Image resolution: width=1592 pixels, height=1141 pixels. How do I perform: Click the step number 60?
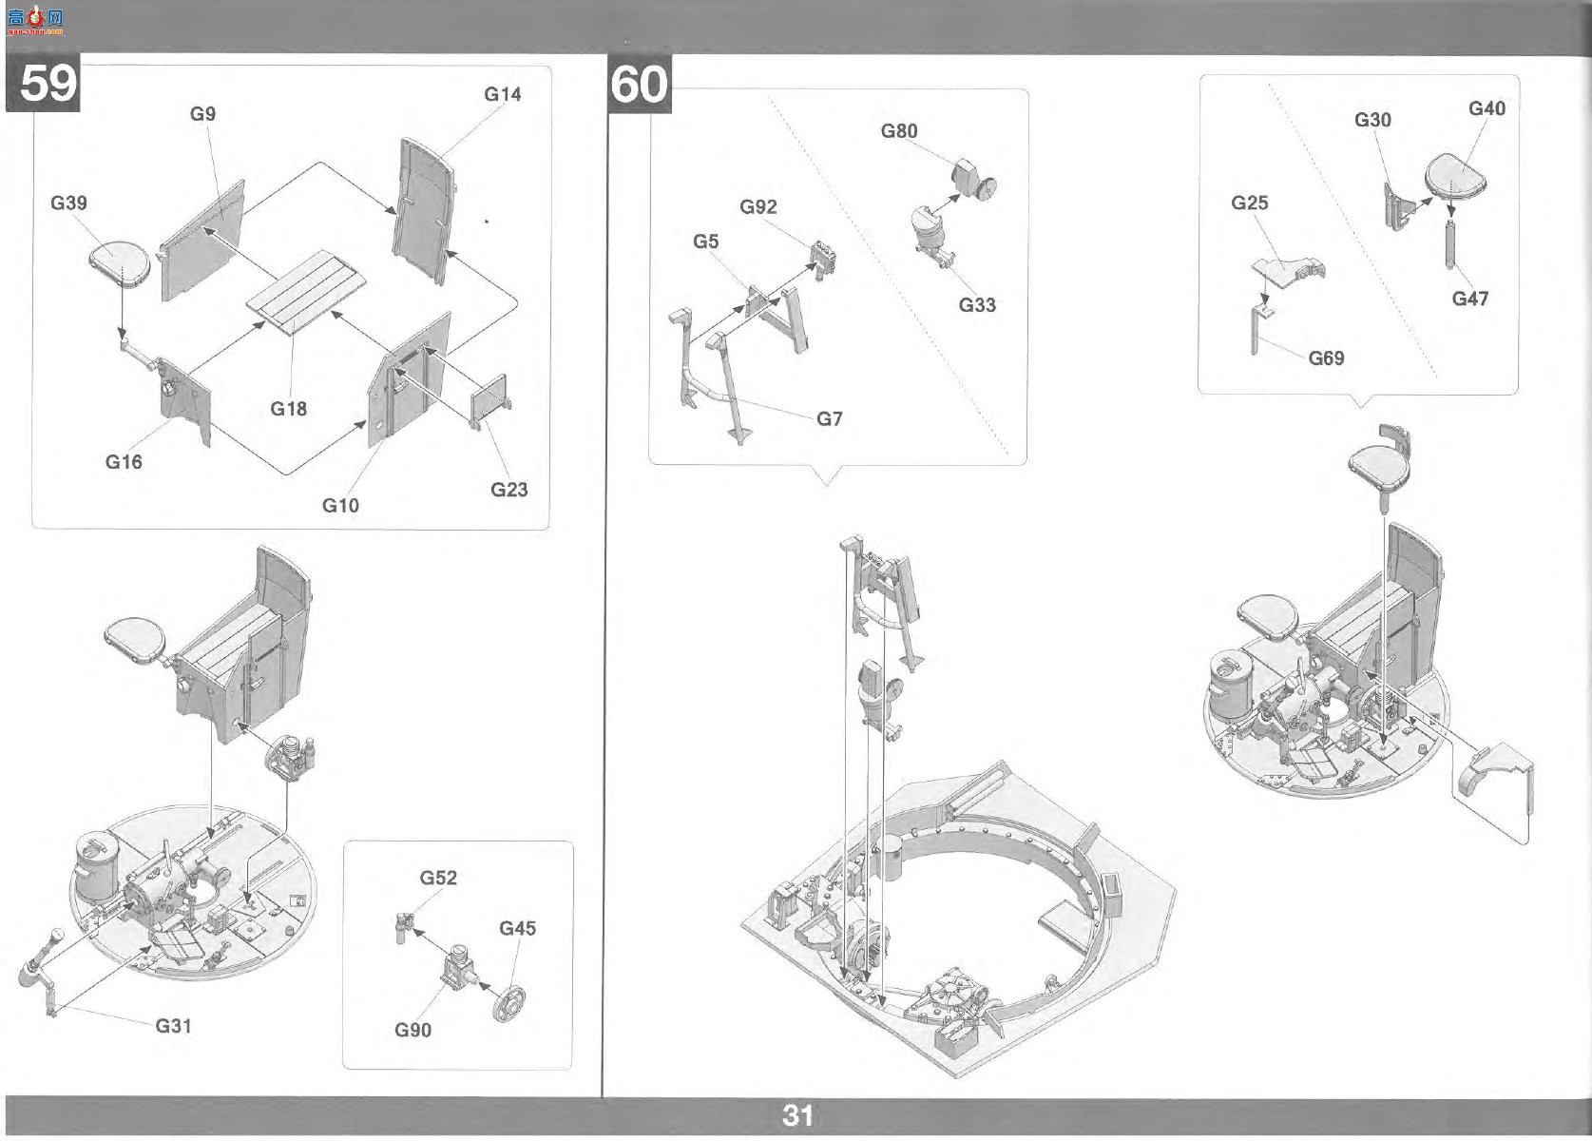click(640, 84)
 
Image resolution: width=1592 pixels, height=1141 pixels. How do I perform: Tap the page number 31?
click(797, 1115)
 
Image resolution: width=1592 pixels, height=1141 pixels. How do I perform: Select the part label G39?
click(69, 203)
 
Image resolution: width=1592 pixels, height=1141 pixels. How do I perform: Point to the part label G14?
click(503, 94)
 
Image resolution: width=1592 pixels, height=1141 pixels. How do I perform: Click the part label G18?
click(289, 409)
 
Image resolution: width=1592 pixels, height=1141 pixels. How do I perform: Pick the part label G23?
click(508, 489)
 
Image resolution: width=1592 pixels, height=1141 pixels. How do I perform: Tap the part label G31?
click(173, 1026)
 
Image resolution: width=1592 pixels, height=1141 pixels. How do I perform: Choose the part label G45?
click(517, 928)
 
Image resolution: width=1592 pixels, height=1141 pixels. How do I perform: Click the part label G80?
click(899, 131)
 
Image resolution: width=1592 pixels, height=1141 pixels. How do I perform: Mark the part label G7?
click(830, 418)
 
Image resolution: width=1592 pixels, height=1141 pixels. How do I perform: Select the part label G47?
click(1470, 299)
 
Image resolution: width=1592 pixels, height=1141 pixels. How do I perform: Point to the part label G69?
click(1326, 358)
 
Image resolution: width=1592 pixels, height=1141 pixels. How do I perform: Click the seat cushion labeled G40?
click(1455, 176)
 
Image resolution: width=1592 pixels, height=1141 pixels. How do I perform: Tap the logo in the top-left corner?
click(35, 21)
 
